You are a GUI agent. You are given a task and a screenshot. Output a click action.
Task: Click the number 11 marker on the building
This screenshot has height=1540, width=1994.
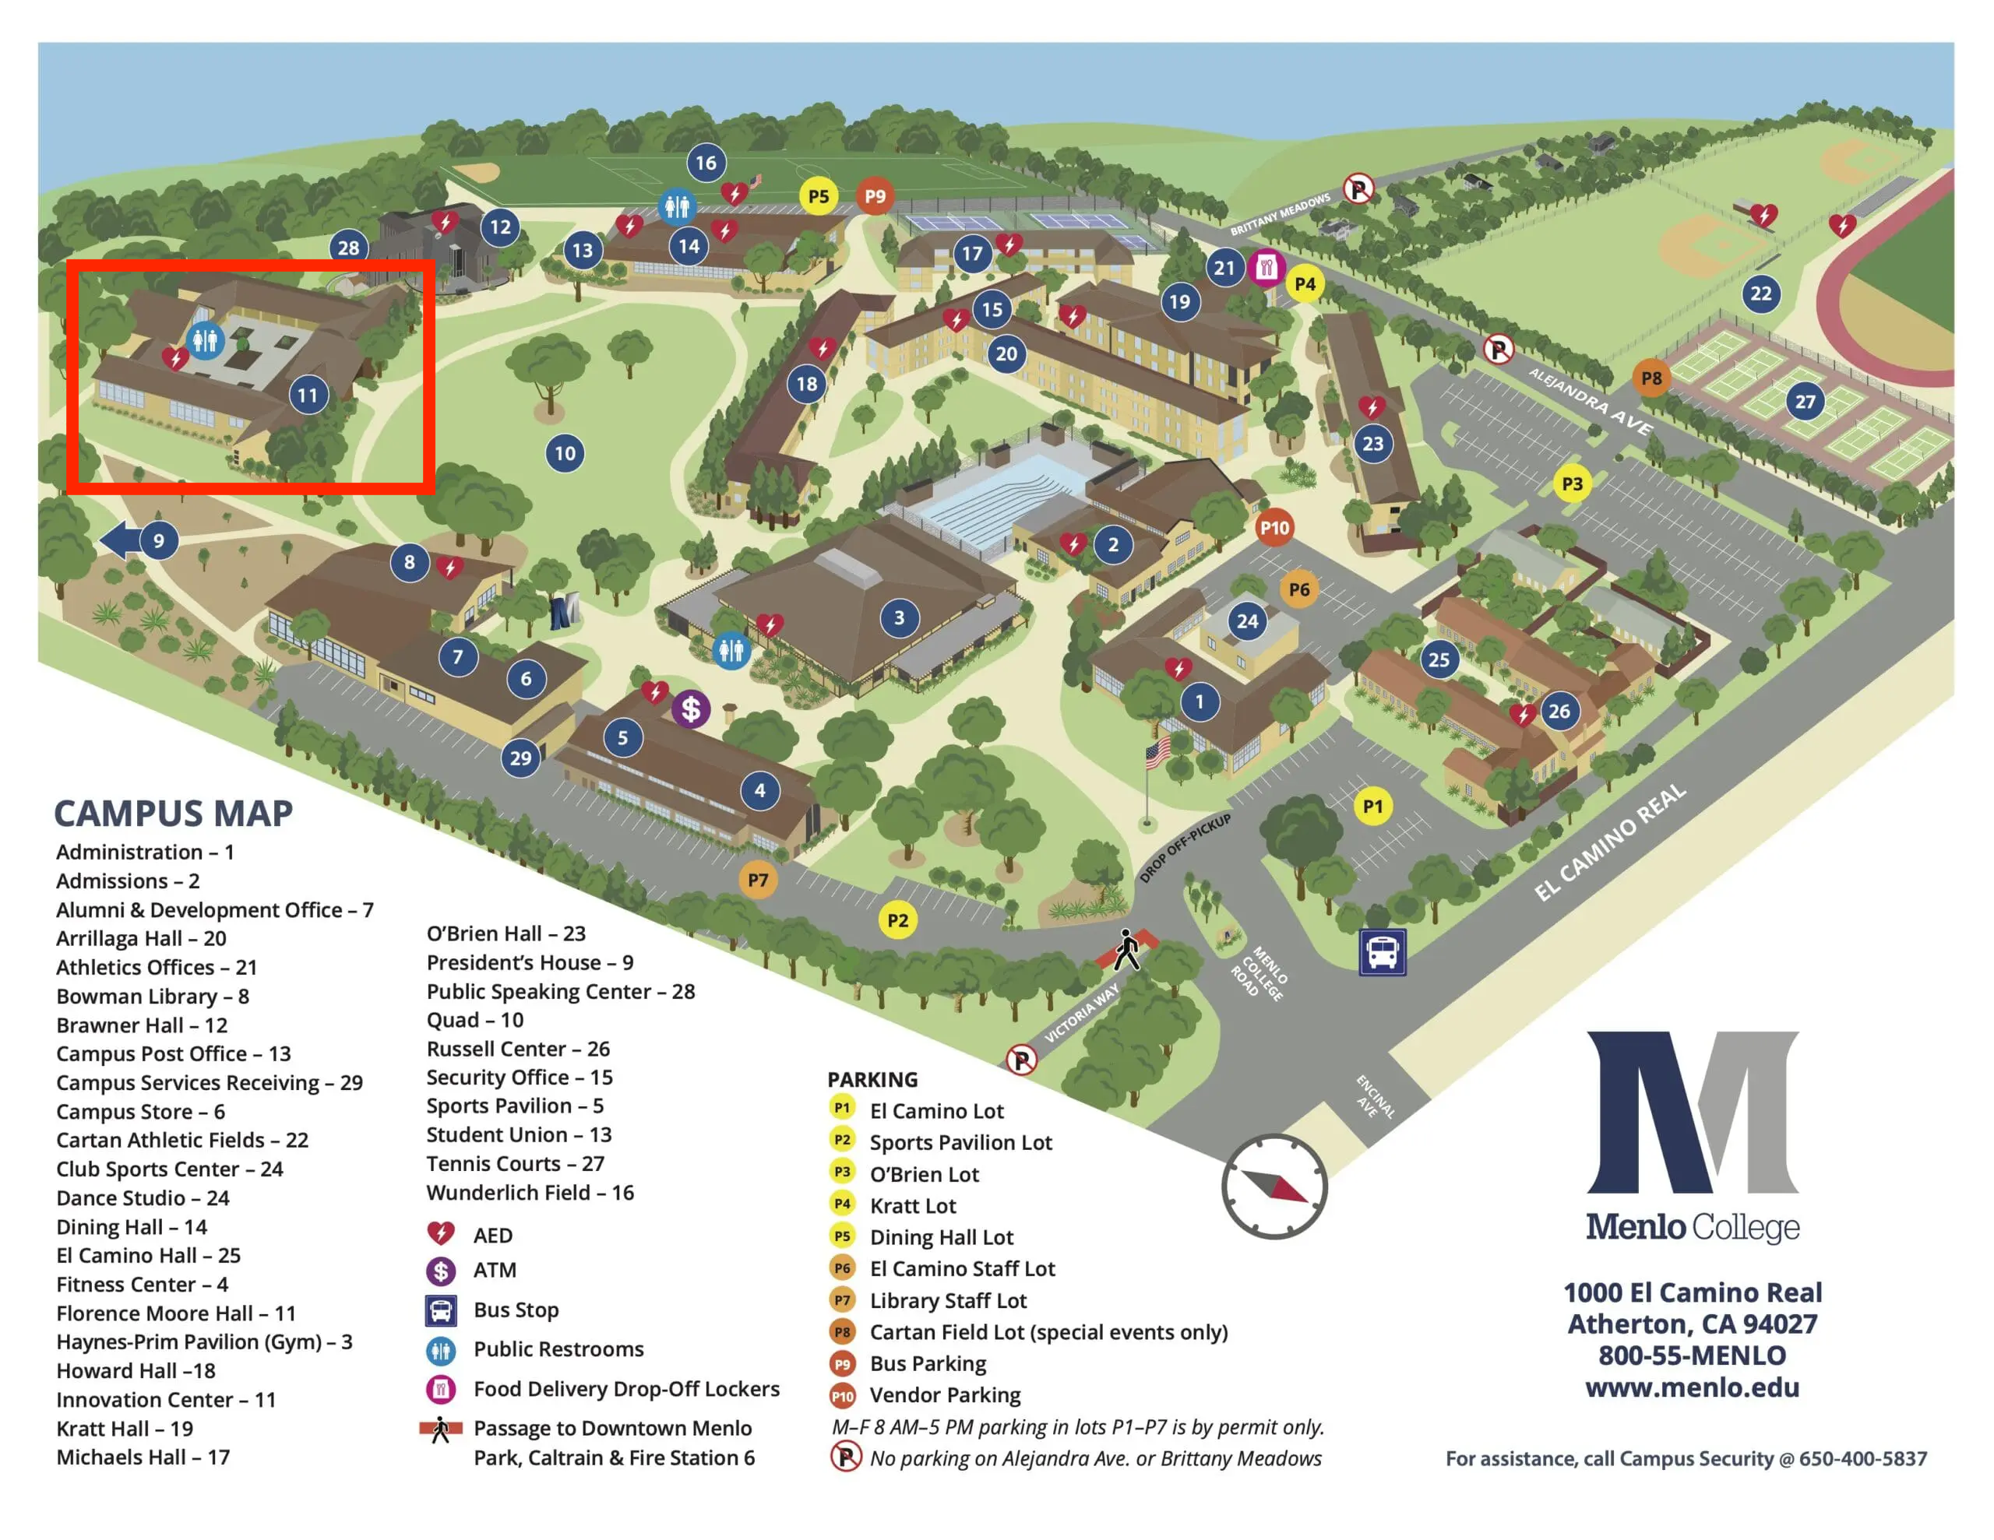pos(308,396)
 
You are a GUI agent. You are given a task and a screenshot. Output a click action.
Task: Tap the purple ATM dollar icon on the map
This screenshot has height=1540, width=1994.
pos(691,708)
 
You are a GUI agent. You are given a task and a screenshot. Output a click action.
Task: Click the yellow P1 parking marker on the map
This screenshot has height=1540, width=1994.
pos(1372,806)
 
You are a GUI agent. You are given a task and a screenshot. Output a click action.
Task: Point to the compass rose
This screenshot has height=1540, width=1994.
pos(1274,1187)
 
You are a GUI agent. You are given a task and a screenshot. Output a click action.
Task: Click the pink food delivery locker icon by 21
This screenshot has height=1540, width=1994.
pos(1266,268)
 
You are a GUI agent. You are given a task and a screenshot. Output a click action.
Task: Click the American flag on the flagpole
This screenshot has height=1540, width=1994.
pos(1157,753)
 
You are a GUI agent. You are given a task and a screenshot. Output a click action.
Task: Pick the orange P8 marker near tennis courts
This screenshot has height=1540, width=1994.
pos(1651,378)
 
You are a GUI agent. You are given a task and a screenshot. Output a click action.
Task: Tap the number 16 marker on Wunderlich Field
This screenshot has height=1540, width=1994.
pos(706,163)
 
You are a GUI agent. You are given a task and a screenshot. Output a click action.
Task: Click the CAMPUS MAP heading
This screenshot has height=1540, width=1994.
pos(174,813)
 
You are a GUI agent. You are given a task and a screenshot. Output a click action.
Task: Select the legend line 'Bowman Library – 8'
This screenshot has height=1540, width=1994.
pos(153,996)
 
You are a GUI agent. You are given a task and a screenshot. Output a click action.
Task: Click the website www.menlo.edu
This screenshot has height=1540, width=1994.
pos(1692,1387)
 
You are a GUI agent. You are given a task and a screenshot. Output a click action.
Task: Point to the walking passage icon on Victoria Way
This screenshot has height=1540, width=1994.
pos(1129,951)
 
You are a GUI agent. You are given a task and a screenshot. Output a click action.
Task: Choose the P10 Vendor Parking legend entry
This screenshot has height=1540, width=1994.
pos(944,1395)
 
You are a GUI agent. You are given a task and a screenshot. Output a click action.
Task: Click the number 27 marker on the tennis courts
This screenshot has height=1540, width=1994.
pos(1804,402)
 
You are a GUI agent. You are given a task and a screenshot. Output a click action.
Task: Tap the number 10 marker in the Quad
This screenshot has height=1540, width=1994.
pos(565,454)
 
